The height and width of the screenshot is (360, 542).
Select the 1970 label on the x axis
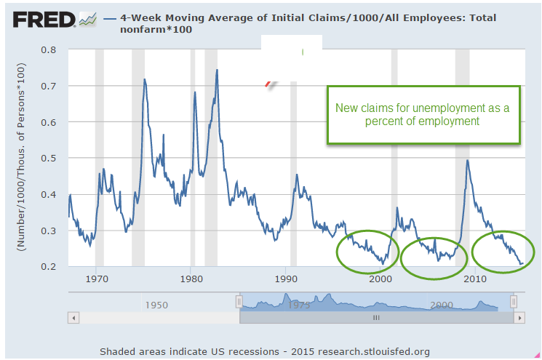pyautogui.click(x=96, y=279)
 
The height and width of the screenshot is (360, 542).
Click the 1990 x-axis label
pyautogui.click(x=286, y=279)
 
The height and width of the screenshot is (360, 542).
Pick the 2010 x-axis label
pyautogui.click(x=475, y=279)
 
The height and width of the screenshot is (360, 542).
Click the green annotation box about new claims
pyautogui.click(x=423, y=115)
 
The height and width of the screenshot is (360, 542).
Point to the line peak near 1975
pyautogui.click(x=145, y=79)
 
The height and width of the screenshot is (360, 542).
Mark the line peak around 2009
pyautogui.click(x=467, y=161)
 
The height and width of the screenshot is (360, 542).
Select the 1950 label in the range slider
pyautogui.click(x=156, y=304)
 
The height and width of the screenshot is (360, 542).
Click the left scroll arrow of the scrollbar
pyautogui.click(x=72, y=318)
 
